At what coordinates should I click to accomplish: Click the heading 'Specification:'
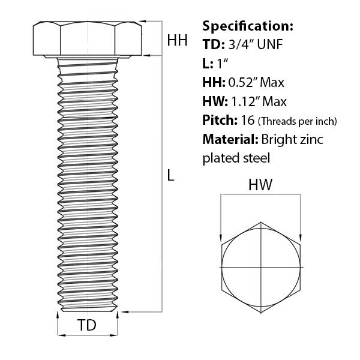pos(248,26)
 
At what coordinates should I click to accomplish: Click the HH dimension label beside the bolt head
pos(177,40)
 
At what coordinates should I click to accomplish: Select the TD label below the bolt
pos(88,325)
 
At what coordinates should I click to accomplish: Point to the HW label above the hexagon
pos(261,185)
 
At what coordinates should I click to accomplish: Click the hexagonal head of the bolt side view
pos(88,40)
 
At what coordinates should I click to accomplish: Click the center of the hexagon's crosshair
pos(261,266)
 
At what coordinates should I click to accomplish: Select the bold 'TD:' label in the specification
pos(213,44)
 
